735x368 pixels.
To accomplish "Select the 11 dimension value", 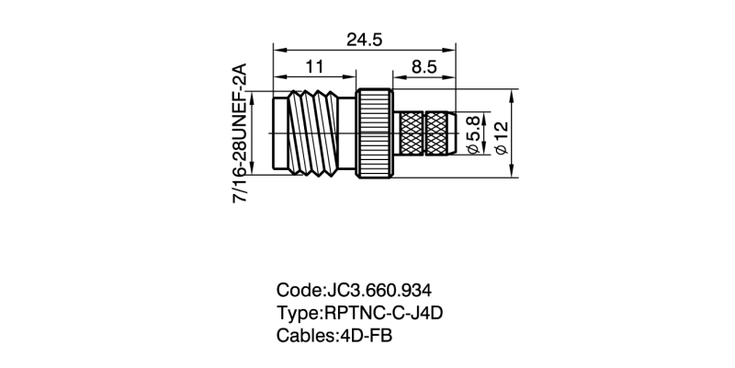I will click(x=315, y=66).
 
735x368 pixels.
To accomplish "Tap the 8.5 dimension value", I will click(x=424, y=66).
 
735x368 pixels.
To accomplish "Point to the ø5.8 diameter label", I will click(x=474, y=134).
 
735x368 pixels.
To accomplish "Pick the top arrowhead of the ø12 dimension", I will click(x=514, y=93).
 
